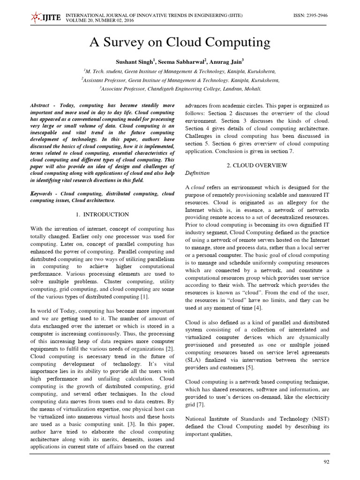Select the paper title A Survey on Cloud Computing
(x=180, y=43)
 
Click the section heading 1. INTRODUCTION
(x=103, y=214)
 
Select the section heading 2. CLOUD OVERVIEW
(x=257, y=165)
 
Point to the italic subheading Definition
(x=197, y=173)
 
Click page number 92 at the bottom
(x=327, y=462)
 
